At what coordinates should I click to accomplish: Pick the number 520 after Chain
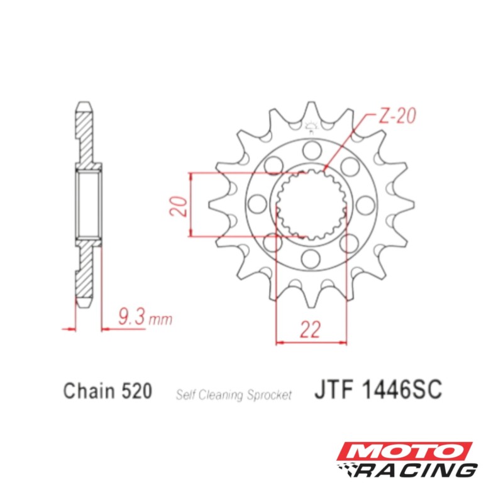(x=135, y=390)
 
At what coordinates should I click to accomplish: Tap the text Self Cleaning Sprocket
(x=233, y=395)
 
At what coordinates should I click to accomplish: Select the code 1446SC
(x=402, y=389)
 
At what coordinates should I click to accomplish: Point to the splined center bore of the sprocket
(x=312, y=204)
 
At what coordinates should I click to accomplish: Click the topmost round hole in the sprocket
(x=311, y=150)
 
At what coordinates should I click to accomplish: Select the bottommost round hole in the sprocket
(x=311, y=258)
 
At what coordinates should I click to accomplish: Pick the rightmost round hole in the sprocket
(x=365, y=204)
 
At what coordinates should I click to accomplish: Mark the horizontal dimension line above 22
(x=312, y=343)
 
